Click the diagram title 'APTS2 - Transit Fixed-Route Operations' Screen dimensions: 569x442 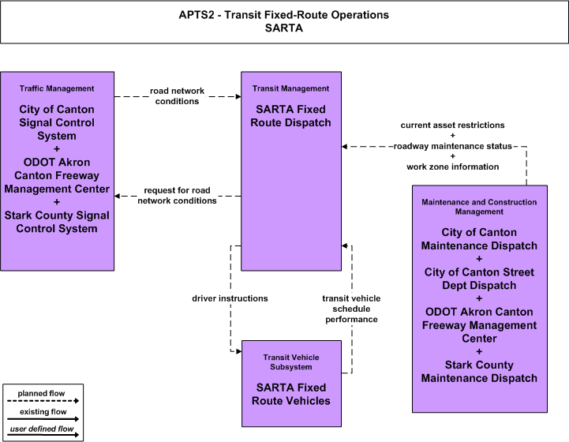point(284,15)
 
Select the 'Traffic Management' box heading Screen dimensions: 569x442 point(57,88)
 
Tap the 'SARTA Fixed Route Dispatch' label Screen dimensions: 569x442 point(290,116)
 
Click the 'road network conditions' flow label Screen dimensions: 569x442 point(177,96)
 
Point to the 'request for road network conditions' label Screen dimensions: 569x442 point(177,196)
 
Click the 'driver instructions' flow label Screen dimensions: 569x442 point(230,298)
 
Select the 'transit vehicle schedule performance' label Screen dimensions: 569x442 point(351,309)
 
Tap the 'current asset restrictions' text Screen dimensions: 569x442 point(452,125)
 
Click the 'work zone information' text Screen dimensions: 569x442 point(452,167)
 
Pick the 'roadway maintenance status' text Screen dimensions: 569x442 point(452,146)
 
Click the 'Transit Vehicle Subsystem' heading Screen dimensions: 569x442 point(291,362)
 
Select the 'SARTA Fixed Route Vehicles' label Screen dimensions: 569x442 point(291,394)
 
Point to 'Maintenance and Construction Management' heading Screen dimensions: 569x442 point(479,207)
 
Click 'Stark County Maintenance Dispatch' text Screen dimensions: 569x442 point(479,372)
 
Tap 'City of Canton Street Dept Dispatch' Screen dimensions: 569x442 point(479,279)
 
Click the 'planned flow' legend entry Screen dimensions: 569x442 point(41,393)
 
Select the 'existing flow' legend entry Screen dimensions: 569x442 point(43,412)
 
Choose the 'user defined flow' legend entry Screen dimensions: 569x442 point(42,429)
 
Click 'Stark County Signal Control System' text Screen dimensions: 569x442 point(57,222)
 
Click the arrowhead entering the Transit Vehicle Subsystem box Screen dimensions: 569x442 point(239,351)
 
